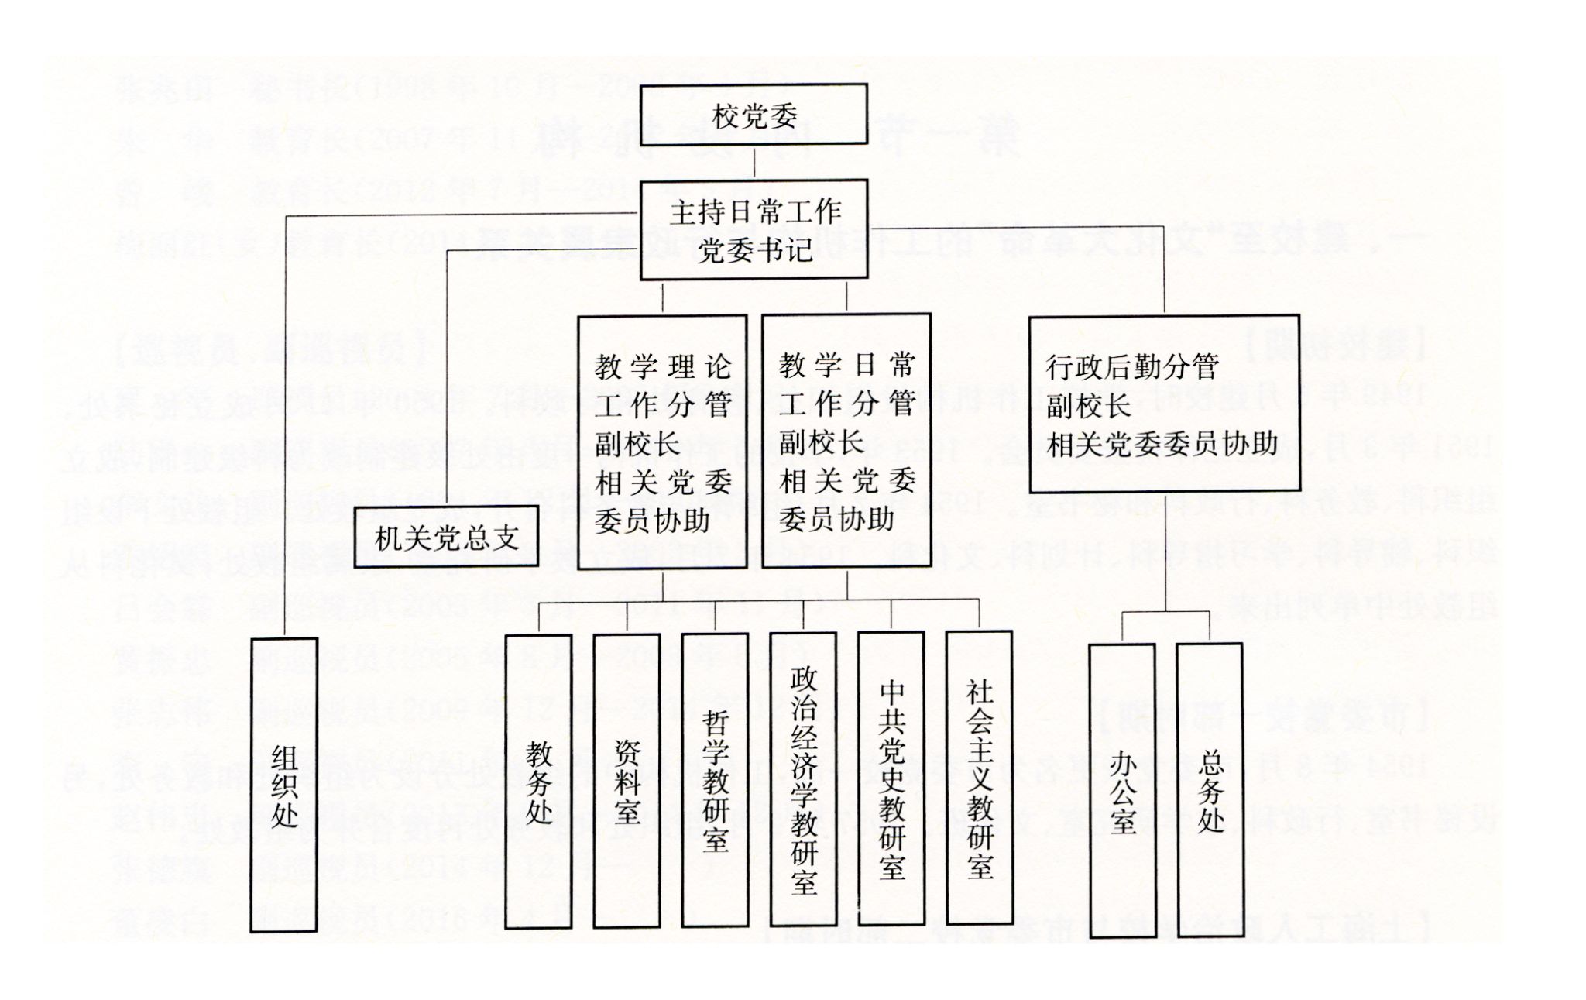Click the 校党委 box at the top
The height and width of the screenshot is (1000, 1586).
click(754, 115)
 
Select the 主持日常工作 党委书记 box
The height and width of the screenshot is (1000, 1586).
click(754, 229)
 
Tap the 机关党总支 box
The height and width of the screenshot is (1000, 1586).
click(446, 537)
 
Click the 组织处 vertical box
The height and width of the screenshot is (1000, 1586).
click(284, 784)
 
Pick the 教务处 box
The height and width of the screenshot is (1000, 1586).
click(538, 781)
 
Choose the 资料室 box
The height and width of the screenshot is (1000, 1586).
click(627, 781)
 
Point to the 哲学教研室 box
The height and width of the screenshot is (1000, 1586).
click(715, 781)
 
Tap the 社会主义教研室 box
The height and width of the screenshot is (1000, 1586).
click(980, 778)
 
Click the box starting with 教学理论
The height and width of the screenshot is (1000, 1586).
click(662, 442)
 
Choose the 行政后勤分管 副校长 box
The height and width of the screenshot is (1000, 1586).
click(1164, 403)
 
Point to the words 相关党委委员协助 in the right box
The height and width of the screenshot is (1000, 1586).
click(1162, 445)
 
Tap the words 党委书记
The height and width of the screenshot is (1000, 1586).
click(754, 250)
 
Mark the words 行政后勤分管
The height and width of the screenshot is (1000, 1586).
click(1132, 366)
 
